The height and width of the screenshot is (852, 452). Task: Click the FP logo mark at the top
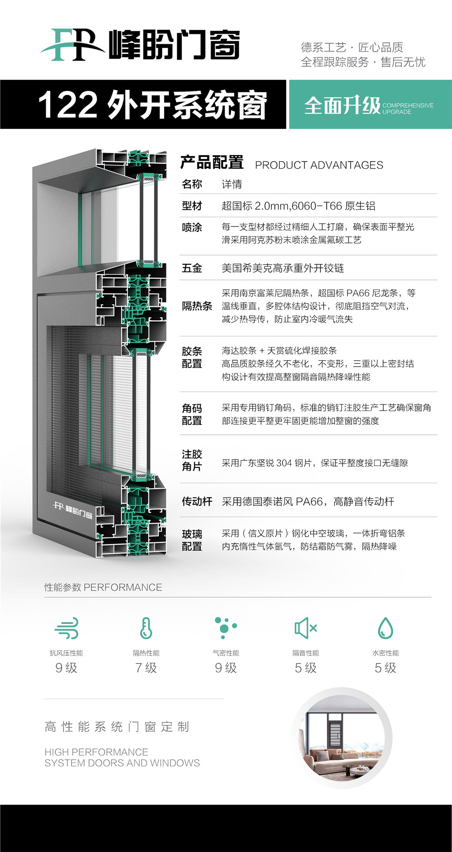(72, 45)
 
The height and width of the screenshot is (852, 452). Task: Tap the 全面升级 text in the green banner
(342, 106)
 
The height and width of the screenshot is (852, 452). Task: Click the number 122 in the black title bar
(68, 105)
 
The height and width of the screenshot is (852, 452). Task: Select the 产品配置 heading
(212, 163)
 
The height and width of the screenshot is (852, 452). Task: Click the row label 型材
(192, 206)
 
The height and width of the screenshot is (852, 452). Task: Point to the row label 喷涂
(192, 227)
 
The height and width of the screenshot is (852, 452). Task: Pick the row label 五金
(192, 268)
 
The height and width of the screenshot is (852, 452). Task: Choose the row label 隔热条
(197, 306)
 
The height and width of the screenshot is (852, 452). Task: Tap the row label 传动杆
(197, 501)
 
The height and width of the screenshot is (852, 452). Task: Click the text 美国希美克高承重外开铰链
(282, 268)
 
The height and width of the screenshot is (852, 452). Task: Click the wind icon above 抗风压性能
(66, 628)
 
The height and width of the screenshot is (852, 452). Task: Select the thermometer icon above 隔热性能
(146, 628)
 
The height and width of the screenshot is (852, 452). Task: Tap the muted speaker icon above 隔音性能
(306, 628)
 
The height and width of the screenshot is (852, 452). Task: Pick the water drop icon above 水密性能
(386, 628)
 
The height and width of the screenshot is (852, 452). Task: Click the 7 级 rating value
(146, 668)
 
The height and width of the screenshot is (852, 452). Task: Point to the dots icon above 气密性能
(225, 628)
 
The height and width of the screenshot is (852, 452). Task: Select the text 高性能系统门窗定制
(117, 727)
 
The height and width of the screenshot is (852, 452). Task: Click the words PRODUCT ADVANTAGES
(319, 165)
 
